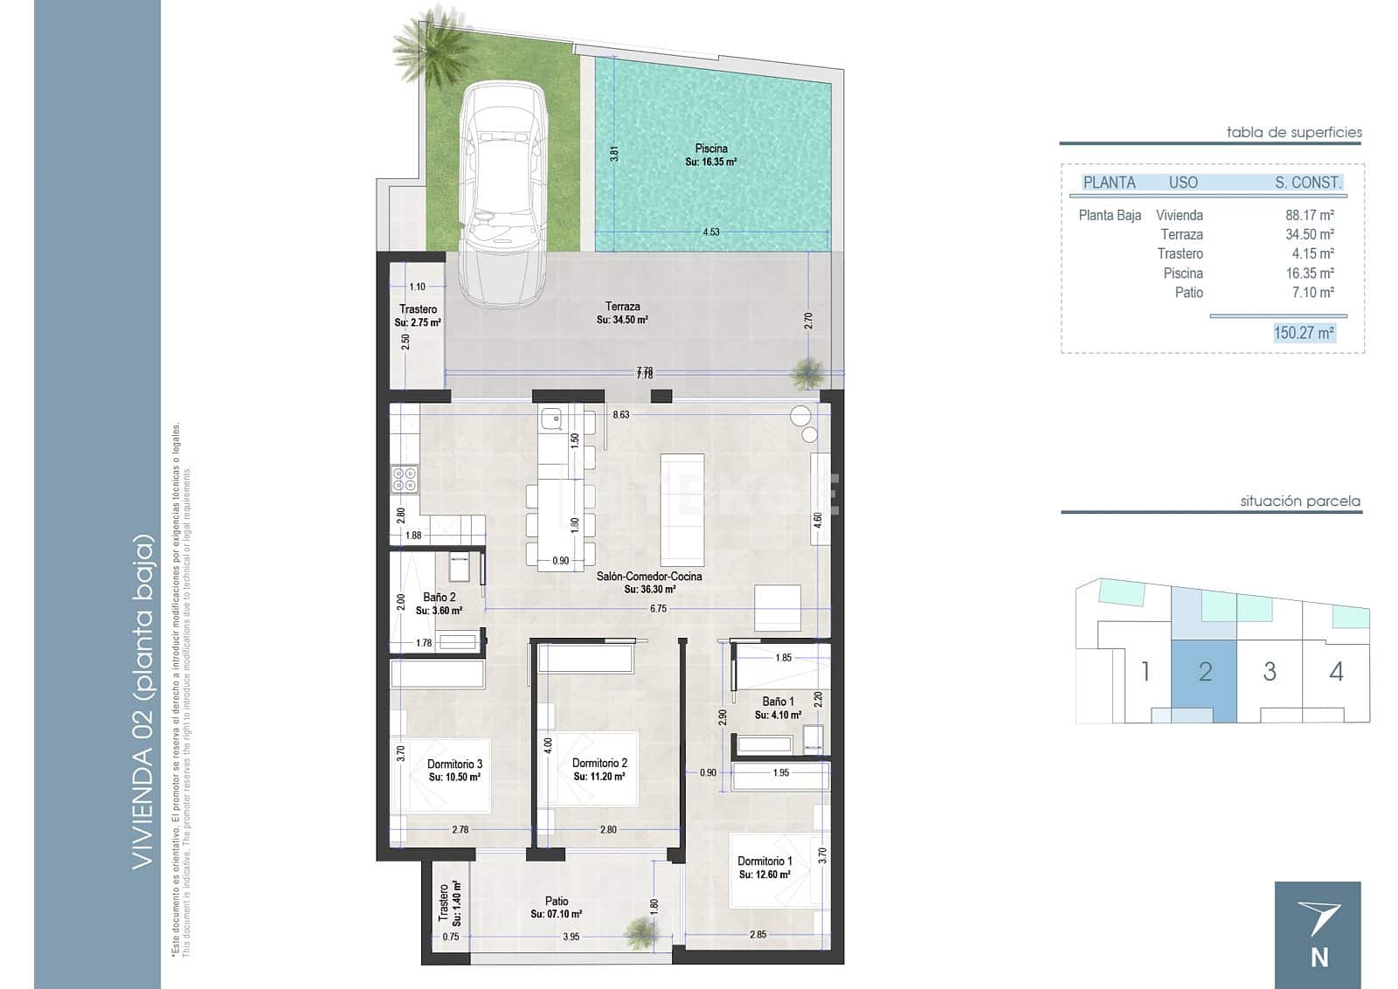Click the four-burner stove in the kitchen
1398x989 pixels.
[x=405, y=478]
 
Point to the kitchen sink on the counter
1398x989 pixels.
[x=550, y=421]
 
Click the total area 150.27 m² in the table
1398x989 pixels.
[x=1304, y=333]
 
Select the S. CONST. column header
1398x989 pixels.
[x=1307, y=183]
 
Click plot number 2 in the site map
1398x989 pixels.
[x=1205, y=672]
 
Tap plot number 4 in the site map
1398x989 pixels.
[x=1336, y=672]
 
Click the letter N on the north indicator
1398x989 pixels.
[x=1319, y=958]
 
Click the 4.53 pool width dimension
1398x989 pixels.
[x=711, y=232]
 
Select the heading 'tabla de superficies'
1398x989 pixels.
[x=1294, y=133]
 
